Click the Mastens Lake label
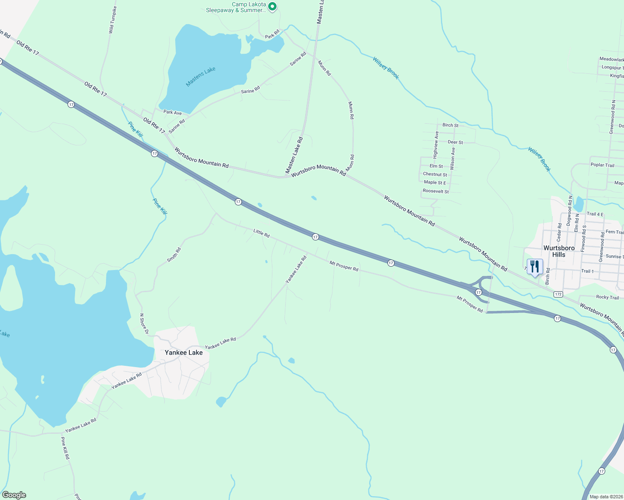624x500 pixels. click(x=201, y=76)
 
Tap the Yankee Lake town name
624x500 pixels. click(x=184, y=352)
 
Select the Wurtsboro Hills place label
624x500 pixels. click(x=559, y=251)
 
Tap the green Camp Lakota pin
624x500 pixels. click(x=272, y=6)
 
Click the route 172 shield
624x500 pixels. click(x=559, y=294)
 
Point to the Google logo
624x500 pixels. click(x=14, y=495)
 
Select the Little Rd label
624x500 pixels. click(x=262, y=232)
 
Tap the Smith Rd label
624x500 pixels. click(x=174, y=255)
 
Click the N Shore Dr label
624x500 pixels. click(x=144, y=324)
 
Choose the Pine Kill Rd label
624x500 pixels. click(x=65, y=448)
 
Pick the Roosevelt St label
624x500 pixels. click(x=436, y=191)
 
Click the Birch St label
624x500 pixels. click(x=450, y=125)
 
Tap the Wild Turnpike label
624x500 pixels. click(x=112, y=20)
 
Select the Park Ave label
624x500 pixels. click(x=173, y=112)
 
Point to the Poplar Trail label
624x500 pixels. click(x=602, y=165)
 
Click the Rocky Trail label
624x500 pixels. click(x=607, y=297)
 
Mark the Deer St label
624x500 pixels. click(x=455, y=142)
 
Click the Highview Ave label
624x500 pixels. click(x=436, y=145)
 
